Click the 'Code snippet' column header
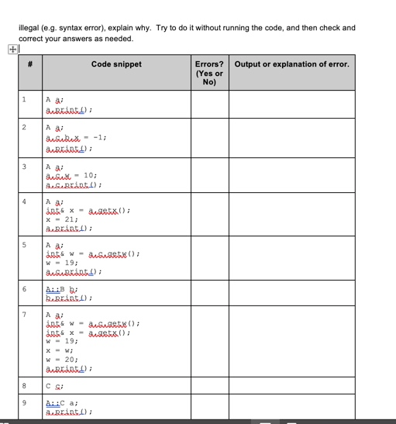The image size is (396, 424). click(116, 64)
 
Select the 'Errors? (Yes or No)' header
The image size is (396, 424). click(208, 71)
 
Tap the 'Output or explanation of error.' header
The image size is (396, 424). click(291, 64)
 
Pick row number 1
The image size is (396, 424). click(25, 99)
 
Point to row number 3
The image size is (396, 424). click(25, 164)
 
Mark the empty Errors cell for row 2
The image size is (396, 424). click(208, 136)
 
